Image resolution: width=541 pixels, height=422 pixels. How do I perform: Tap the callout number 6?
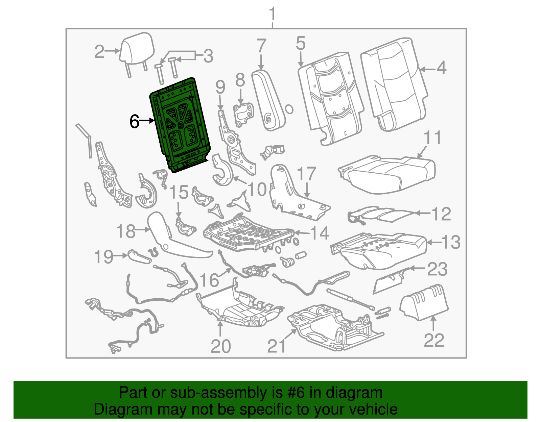point(135,122)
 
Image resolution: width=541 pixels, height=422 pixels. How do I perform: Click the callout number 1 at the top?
point(272,14)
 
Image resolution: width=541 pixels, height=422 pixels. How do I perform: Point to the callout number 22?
point(434,340)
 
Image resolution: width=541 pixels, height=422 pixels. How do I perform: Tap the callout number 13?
point(451,242)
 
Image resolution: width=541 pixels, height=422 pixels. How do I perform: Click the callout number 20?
point(220,346)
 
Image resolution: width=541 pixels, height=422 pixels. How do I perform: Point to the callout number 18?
point(125,231)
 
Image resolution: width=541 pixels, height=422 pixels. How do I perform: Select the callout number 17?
point(306,174)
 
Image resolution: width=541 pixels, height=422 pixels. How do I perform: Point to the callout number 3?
point(208,56)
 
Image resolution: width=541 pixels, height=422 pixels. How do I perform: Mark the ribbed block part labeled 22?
point(424,302)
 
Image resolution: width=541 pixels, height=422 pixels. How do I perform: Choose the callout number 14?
point(320,233)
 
